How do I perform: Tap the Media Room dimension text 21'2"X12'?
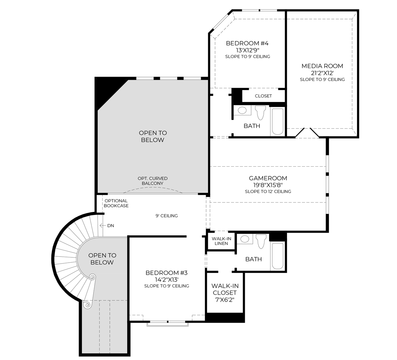(322, 73)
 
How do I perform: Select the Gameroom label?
(268, 178)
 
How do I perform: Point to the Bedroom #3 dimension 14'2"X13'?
(167, 280)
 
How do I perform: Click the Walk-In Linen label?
(221, 241)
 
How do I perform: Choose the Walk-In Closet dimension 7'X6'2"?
(225, 300)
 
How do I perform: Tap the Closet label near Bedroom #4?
(263, 96)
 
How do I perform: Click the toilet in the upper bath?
(260, 112)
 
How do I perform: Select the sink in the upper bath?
(242, 110)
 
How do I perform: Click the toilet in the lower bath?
(261, 241)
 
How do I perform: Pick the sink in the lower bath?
(245, 239)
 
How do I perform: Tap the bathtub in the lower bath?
(277, 256)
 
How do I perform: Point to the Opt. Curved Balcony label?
(153, 181)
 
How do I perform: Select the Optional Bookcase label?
(116, 203)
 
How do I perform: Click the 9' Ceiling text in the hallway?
(167, 216)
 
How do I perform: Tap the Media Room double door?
(307, 132)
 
